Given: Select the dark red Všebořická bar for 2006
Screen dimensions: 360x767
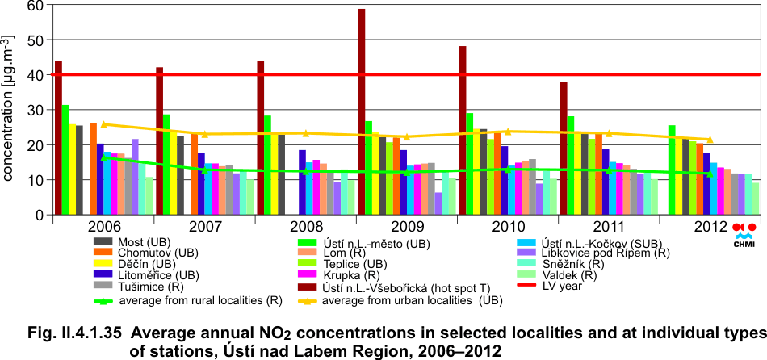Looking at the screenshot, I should (58, 137).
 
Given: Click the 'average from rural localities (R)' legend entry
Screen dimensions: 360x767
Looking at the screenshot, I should (194, 300).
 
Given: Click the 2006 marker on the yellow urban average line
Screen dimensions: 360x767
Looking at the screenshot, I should (103, 124).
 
